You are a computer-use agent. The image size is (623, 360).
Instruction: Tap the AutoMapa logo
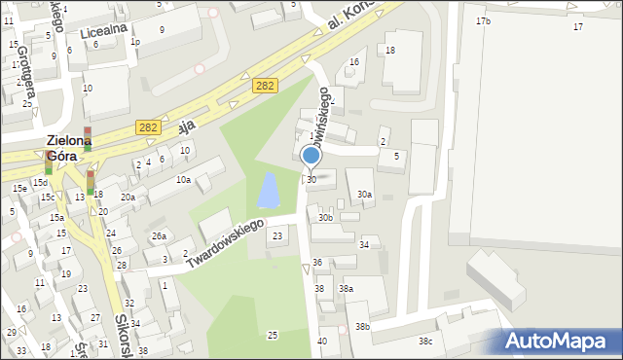coord(561,342)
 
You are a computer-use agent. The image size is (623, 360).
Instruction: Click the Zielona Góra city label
coord(71,149)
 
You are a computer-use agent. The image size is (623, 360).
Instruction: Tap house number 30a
coord(363,195)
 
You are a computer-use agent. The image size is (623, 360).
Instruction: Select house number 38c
coord(425,342)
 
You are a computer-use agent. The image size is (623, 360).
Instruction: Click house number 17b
coord(483,21)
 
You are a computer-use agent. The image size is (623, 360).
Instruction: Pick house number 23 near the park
coord(277,236)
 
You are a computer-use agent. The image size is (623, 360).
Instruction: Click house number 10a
coord(183,180)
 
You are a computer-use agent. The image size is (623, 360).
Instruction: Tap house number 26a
coord(159,236)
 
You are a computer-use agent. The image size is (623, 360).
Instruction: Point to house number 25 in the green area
coord(273,335)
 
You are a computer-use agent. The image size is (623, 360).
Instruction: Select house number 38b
coord(362,327)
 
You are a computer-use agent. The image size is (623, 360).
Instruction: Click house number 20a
coord(128,198)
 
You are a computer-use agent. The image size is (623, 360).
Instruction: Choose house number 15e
coord(19,188)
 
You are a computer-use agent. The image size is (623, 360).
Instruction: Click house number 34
coord(364,245)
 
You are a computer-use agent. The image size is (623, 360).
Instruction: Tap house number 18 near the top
coord(390,51)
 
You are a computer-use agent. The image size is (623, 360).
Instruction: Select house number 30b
coord(325,218)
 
